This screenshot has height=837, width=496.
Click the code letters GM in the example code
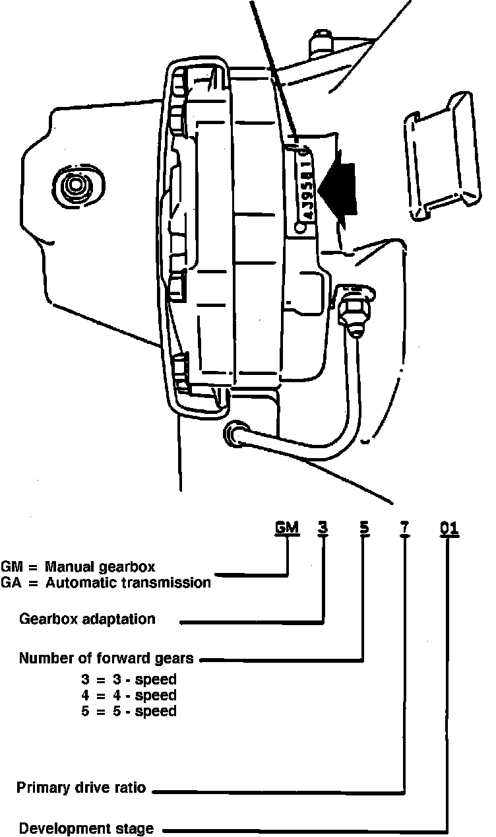coord(287,528)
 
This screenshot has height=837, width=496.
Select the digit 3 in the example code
coord(323,528)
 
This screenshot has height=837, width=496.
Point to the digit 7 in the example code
coord(404,528)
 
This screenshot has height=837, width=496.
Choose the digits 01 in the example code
coord(449,528)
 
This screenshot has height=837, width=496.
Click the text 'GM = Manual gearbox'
coord(78,567)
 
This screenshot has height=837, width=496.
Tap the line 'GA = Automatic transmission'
coord(106,582)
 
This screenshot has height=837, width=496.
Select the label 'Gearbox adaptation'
coord(88,619)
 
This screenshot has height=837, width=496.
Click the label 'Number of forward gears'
coord(106,658)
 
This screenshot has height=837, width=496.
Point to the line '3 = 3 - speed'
coord(129,679)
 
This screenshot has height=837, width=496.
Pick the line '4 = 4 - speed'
coord(129,695)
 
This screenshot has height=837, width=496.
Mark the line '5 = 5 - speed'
coord(129,711)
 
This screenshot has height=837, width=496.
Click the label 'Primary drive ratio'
coord(81,788)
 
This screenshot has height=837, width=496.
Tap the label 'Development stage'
coord(86,828)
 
